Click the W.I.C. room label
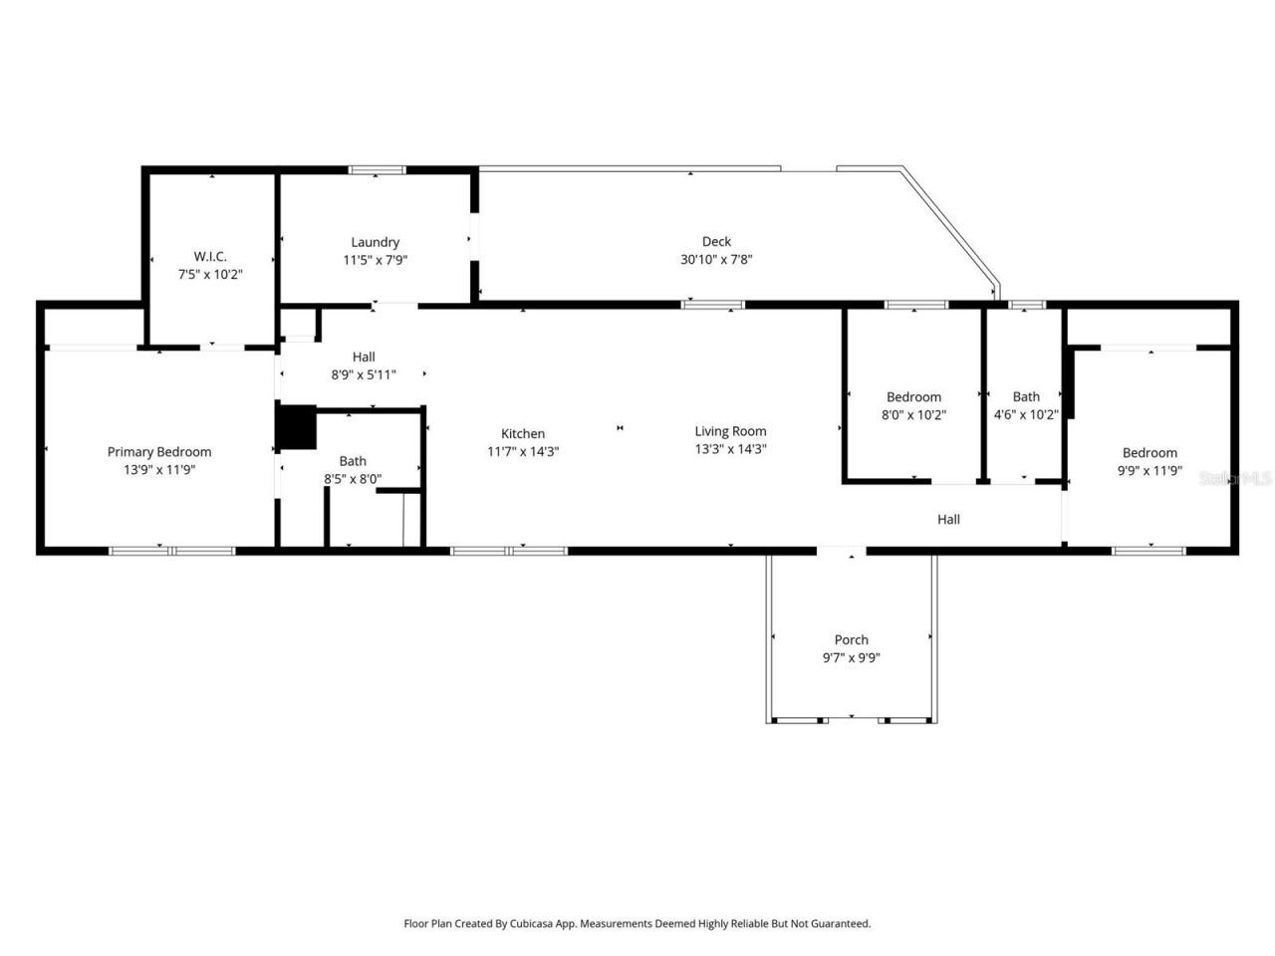[x=210, y=256]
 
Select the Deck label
[x=716, y=241]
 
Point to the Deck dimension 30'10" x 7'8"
[x=716, y=259]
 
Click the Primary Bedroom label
[x=159, y=451]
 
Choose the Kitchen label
[x=523, y=433]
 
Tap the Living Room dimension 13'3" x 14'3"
[x=730, y=449]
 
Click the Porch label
[x=851, y=639]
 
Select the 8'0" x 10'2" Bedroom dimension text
[x=913, y=415]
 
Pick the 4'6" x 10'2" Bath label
[x=1026, y=396]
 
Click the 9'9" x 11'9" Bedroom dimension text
[x=1149, y=470]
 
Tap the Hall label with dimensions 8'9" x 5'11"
[x=364, y=357]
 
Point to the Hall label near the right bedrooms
[x=948, y=519]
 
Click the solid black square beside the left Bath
[x=296, y=426]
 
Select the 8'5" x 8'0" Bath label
[x=353, y=461]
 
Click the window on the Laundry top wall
[x=377, y=170]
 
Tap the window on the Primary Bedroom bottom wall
[x=172, y=550]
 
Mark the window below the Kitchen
[x=509, y=550]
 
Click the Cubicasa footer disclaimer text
[x=637, y=923]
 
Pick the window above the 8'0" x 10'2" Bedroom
[x=915, y=304]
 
